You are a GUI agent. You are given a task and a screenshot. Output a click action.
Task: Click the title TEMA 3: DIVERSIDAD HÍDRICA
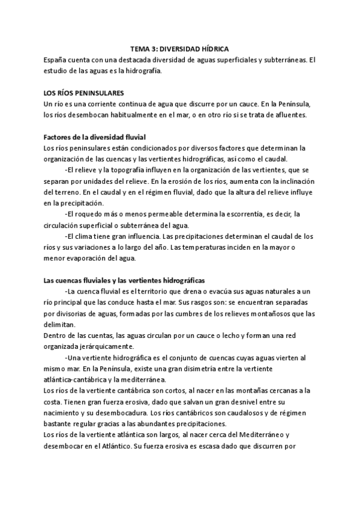tap(179, 50)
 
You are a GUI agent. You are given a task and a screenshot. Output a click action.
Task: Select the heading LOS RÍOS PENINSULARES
tap(84, 94)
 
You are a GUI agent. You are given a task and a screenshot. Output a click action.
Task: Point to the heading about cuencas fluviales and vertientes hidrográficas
tap(125, 280)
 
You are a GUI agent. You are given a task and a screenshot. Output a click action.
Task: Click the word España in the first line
tap(56, 61)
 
